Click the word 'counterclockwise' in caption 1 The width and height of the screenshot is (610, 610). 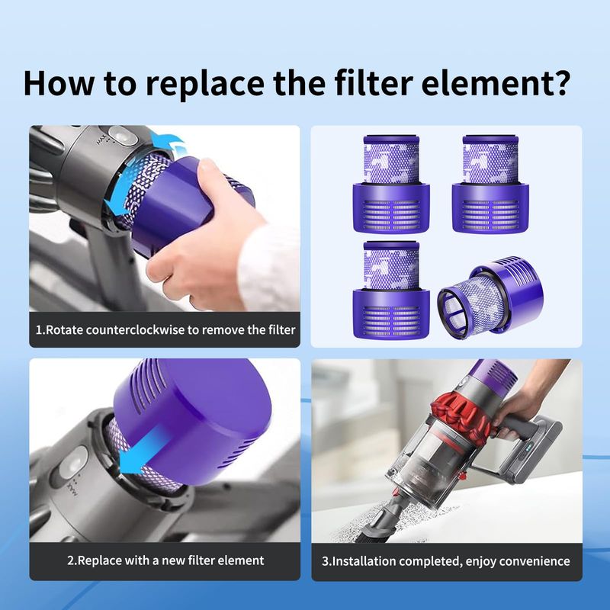(x=135, y=330)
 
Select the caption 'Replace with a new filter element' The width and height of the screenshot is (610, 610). (x=165, y=560)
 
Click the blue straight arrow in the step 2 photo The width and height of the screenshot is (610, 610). (x=143, y=449)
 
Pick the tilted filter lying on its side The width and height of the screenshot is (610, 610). (x=490, y=297)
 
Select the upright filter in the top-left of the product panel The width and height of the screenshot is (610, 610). (x=391, y=184)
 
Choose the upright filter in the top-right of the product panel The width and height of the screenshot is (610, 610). (x=490, y=184)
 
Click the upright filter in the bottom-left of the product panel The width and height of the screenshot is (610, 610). (x=391, y=290)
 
